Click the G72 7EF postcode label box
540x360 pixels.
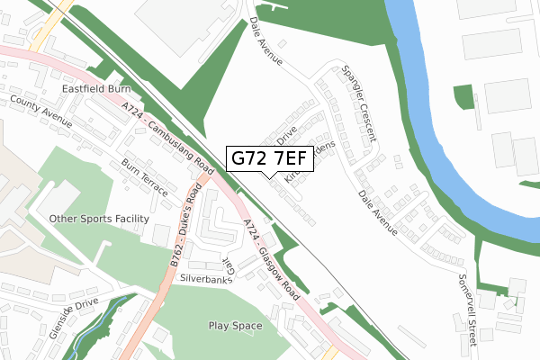269,158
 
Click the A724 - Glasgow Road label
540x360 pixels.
271,263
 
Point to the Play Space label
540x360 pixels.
235,326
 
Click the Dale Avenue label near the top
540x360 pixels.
266,42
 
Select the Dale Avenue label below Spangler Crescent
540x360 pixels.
377,212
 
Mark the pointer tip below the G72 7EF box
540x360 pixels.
269,175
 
